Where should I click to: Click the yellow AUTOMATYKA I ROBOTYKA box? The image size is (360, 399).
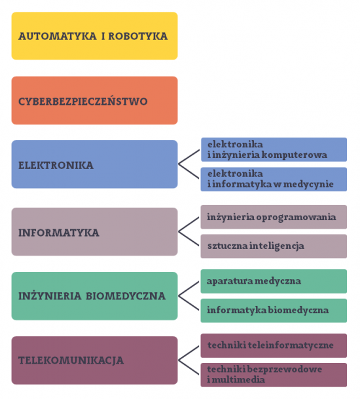click(94, 36)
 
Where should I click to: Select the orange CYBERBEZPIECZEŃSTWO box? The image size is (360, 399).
click(94, 100)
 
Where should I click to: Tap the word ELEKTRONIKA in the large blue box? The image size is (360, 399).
click(56, 165)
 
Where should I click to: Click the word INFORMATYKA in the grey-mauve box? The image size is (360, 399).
click(59, 233)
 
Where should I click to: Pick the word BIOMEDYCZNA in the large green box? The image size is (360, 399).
click(126, 296)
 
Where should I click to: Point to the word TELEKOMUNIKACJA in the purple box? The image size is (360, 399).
click(71, 360)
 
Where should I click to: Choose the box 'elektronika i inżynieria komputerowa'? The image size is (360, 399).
click(274, 149)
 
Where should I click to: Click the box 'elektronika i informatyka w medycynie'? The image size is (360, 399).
click(274, 179)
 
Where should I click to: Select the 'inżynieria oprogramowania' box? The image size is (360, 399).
click(274, 217)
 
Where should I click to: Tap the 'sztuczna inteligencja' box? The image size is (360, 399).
click(274, 246)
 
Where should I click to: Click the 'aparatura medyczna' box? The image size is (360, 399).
click(274, 282)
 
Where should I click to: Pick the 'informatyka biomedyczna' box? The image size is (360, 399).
click(274, 311)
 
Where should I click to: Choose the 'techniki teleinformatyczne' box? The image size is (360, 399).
click(274, 345)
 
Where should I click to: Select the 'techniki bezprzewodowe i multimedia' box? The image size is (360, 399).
click(274, 375)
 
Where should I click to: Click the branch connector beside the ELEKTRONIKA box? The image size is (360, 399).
click(179, 164)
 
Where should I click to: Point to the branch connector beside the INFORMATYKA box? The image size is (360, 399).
click(179, 231)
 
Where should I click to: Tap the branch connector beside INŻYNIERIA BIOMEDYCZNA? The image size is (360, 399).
click(179, 296)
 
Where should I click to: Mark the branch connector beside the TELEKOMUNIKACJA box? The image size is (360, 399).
click(179, 360)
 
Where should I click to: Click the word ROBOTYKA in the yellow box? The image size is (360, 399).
click(138, 36)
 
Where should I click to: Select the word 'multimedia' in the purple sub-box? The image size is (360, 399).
click(238, 379)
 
